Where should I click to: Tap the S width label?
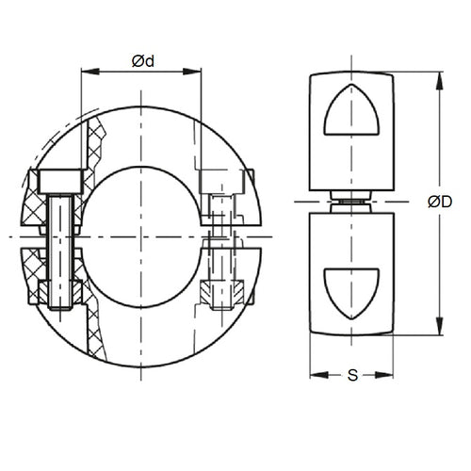[351, 376]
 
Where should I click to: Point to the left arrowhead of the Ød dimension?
[86, 71]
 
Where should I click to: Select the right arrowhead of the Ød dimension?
[198, 71]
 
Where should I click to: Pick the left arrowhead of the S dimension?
[315, 374]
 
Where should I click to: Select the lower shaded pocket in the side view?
[350, 290]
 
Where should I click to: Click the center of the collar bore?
[142, 235]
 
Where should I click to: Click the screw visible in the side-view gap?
[350, 201]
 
